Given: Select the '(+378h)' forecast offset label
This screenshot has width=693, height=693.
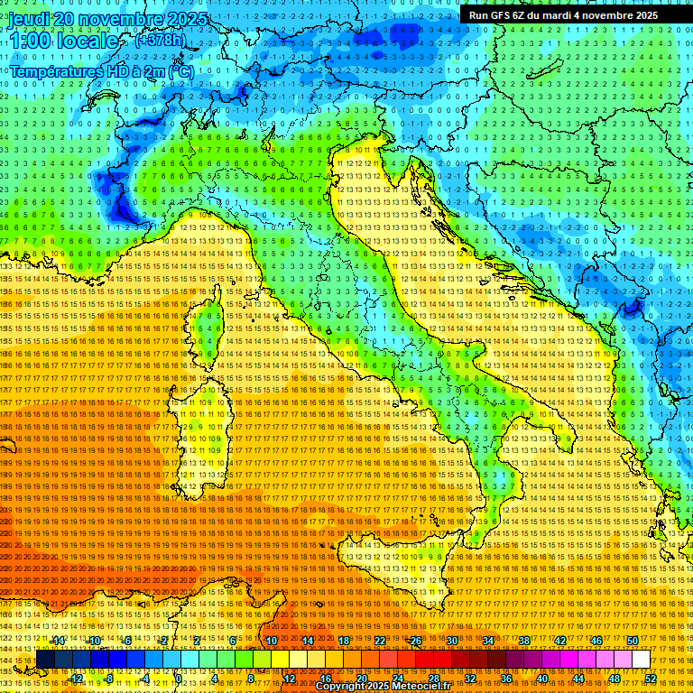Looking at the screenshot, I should [161, 40].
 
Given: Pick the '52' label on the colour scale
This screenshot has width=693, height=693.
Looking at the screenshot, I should [651, 678].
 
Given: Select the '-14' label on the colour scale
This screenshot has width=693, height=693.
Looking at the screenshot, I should [59, 641].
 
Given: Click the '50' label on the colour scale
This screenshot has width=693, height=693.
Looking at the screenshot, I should [633, 641].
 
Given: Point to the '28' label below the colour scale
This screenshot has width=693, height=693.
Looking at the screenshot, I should [433, 678].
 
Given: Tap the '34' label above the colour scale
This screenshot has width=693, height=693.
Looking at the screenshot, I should [488, 641].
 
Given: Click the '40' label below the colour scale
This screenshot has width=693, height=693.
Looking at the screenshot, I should [541, 678].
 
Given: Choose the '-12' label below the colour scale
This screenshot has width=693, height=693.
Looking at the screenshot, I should [76, 678].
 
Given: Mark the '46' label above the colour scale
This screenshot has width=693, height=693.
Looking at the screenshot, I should [596, 641].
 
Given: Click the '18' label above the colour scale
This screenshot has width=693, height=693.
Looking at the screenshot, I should [344, 641].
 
